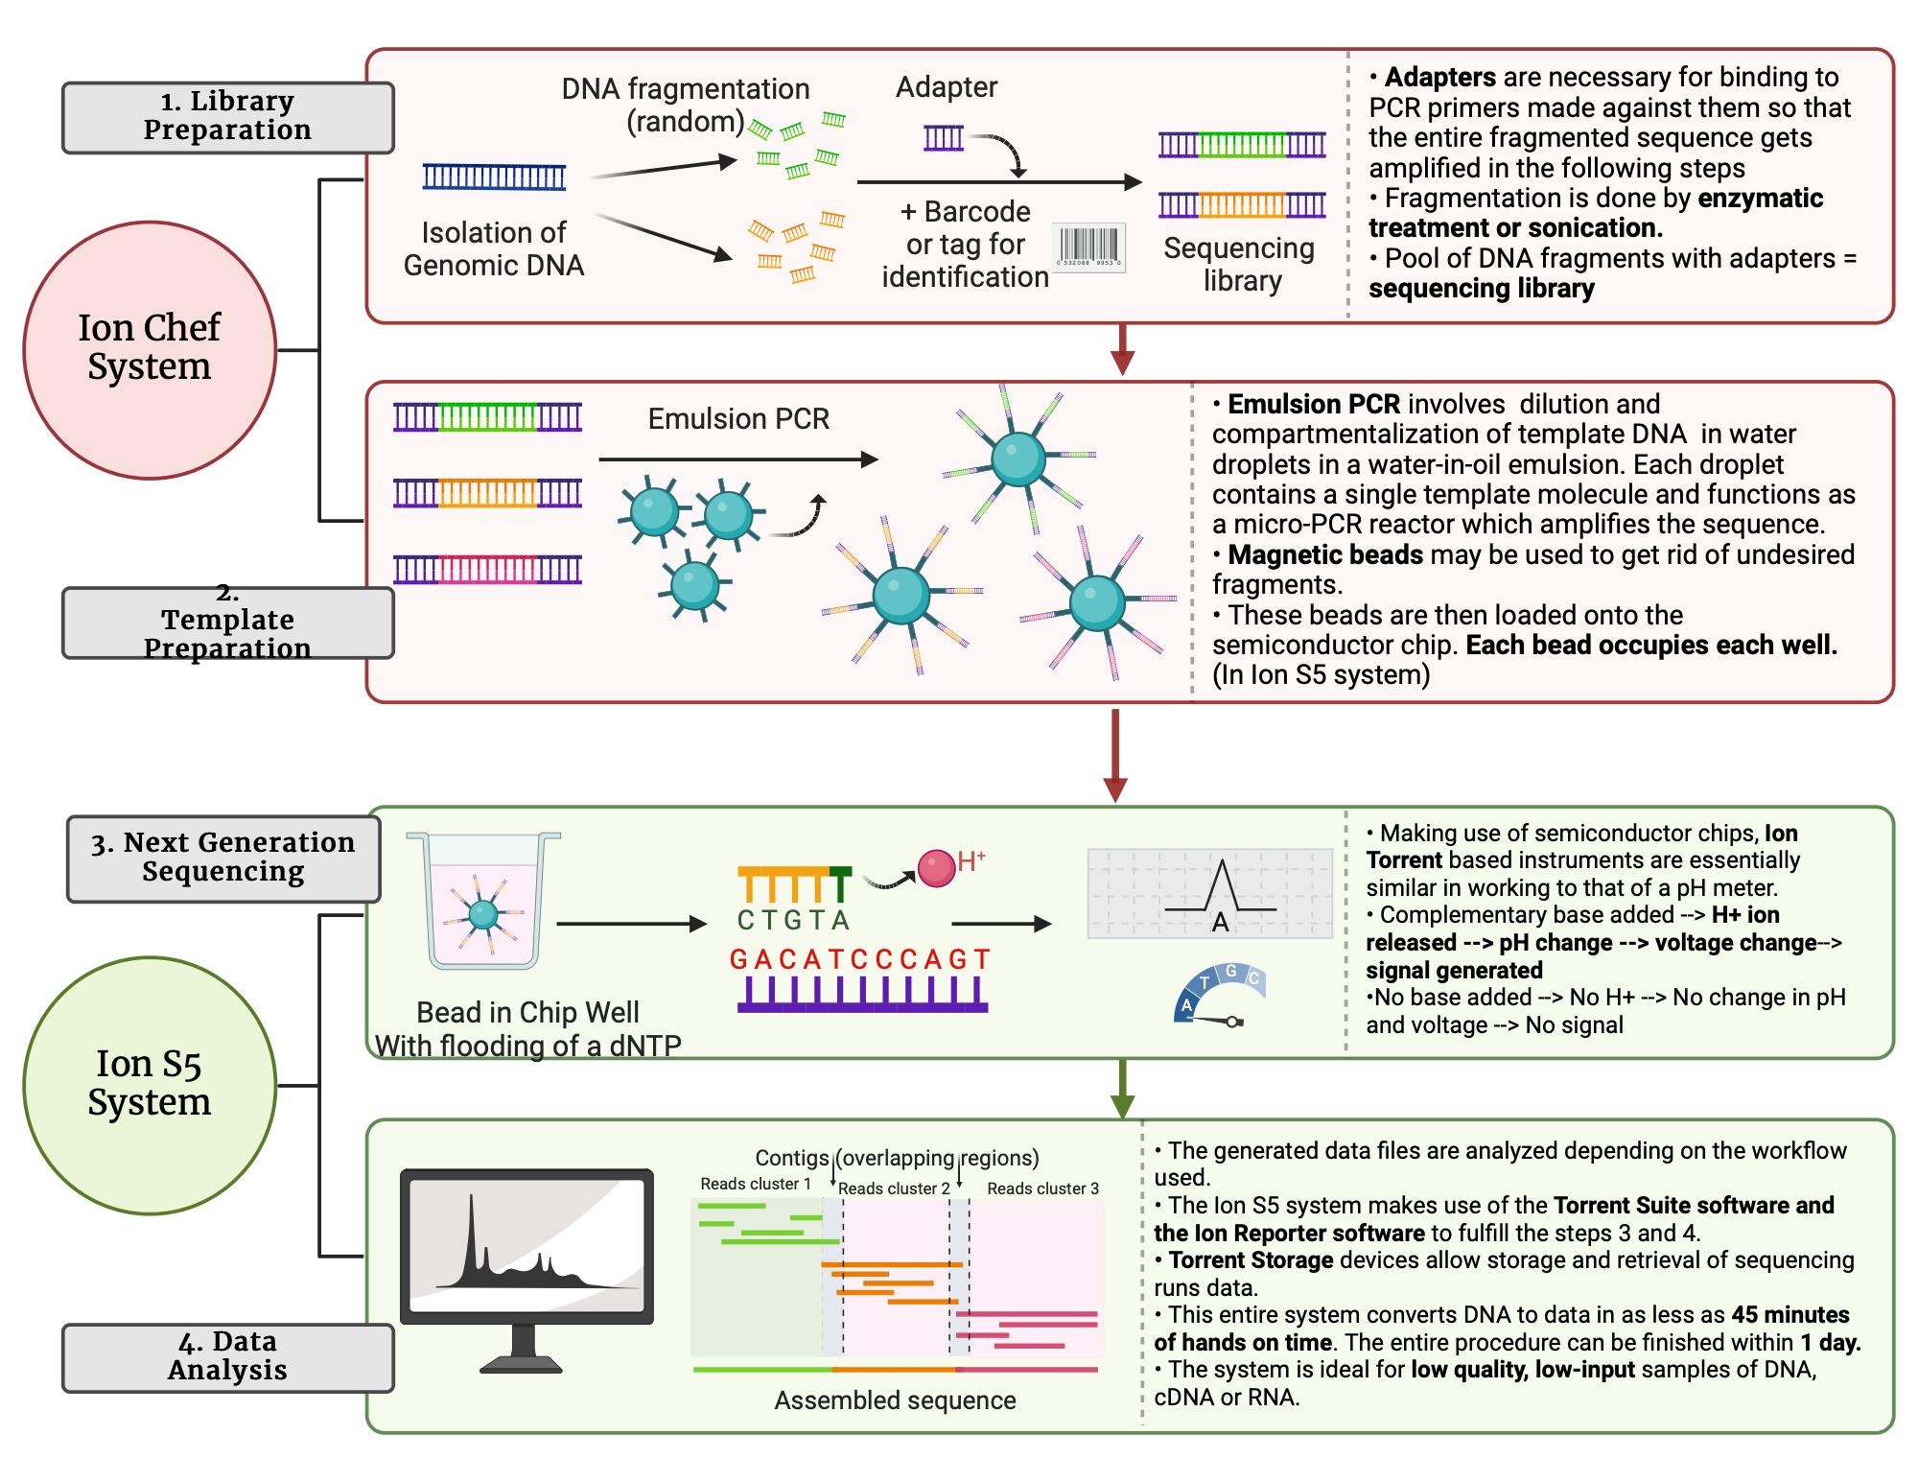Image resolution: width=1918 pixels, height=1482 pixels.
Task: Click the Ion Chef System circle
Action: tap(150, 350)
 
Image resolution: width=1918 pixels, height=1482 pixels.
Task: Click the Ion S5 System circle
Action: tap(150, 1085)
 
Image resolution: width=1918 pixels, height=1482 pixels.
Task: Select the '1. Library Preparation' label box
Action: tap(227, 117)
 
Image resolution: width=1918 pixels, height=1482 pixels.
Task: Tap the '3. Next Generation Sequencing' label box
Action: tap(222, 858)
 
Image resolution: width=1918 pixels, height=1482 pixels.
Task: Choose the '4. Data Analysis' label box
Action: tap(227, 1356)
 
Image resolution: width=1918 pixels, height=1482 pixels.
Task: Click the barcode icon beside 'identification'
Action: tap(1088, 247)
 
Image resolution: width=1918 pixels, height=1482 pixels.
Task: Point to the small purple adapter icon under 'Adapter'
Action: tap(944, 138)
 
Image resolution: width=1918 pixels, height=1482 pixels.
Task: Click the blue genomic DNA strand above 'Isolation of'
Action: tap(494, 176)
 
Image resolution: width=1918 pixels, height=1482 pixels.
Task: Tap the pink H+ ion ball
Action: tap(936, 868)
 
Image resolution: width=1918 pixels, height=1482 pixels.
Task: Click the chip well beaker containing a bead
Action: tap(483, 902)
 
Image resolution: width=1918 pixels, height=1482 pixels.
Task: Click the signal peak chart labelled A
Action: tap(1209, 893)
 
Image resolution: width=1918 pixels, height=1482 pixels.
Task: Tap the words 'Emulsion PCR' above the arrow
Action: tap(738, 419)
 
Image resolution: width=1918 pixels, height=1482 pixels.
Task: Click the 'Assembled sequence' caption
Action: tap(895, 1400)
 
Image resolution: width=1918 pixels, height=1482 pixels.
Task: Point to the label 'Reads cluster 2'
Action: tap(894, 1188)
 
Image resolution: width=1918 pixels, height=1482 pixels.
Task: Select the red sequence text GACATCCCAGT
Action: tap(859, 959)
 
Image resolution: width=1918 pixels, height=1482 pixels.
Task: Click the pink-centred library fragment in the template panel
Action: tap(487, 569)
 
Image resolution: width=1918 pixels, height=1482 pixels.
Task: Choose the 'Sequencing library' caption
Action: tap(1239, 264)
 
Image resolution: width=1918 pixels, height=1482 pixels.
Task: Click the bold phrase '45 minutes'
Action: tap(1789, 1314)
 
